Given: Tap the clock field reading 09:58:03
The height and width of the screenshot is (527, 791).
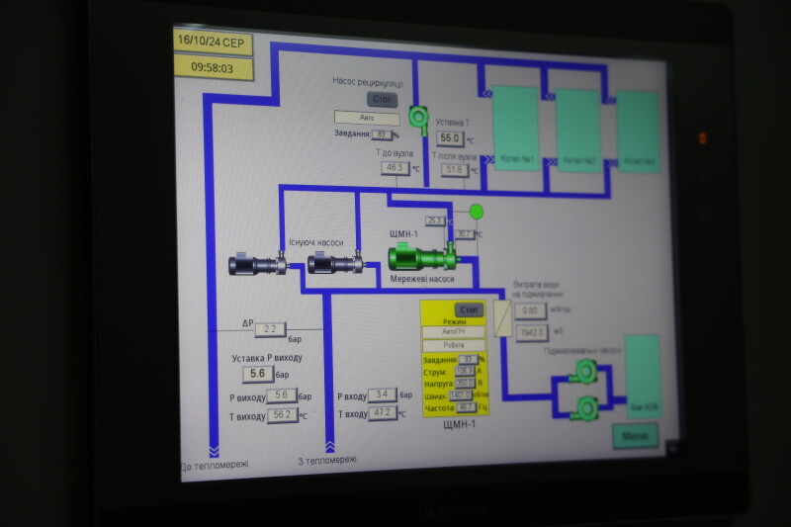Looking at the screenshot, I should pos(213,67).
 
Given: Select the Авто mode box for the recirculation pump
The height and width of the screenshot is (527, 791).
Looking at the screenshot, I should pos(367,117).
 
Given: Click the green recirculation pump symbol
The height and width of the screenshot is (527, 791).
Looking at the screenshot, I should pos(416,118).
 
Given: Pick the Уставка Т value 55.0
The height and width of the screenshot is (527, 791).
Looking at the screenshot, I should pos(451,138).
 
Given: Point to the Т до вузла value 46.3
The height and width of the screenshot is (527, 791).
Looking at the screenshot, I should pos(395,168).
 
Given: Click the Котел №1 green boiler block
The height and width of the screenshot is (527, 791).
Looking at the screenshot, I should pos(516,128).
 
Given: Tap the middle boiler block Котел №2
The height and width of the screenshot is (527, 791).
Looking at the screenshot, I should pos(578,131).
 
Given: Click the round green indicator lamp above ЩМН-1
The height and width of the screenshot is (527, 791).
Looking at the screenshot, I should pos(476,211).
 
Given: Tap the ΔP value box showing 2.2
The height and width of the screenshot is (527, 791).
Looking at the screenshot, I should pos(269,329).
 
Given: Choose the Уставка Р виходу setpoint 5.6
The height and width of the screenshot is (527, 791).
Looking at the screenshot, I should pos(258,373).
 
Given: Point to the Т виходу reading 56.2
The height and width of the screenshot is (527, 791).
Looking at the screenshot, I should pos(281,415).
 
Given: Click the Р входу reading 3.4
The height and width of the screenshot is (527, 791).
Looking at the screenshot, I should pos(381,395).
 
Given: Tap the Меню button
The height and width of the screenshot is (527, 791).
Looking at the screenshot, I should pos(635,435).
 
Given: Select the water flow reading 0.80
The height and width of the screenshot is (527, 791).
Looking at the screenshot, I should pos(529,310).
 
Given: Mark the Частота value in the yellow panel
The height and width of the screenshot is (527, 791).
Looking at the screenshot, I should pos(465,406).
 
